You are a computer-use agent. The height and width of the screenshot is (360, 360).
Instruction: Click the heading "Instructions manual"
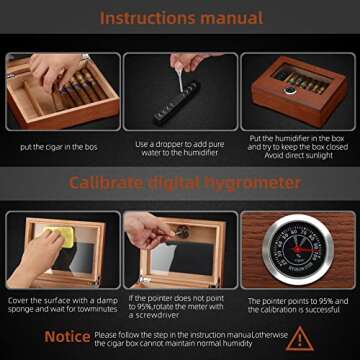pos(180,18)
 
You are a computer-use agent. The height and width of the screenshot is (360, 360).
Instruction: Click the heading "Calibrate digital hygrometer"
pos(180,183)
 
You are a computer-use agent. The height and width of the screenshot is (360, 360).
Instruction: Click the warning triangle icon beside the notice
pos(299,338)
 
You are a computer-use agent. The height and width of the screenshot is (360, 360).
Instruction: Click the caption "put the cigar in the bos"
pos(59,147)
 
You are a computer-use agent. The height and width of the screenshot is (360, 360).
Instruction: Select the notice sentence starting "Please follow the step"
pos(185,338)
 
